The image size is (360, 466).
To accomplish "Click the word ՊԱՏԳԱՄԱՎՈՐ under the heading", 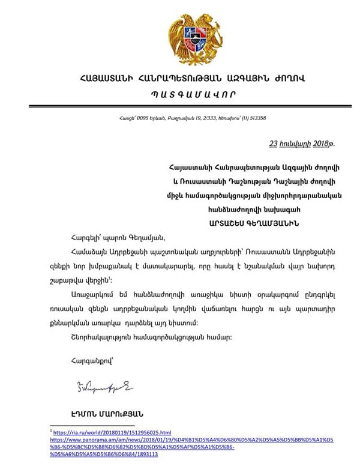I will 178,95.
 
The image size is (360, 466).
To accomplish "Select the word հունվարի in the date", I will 295,144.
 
